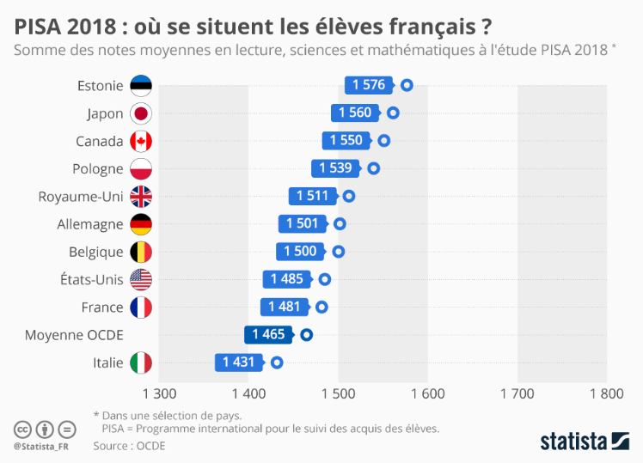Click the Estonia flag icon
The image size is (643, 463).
[x=140, y=85]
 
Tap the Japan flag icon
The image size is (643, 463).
[x=140, y=113]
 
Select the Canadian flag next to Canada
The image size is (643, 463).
[x=140, y=141]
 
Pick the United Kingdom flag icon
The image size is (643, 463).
[x=140, y=197]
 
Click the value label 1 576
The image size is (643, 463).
[x=368, y=85]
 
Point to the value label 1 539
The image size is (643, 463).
[x=335, y=168]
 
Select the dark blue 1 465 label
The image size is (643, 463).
[x=267, y=335]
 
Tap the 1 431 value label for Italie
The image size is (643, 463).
[x=238, y=362]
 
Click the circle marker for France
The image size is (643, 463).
[x=321, y=307]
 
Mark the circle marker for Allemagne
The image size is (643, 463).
[x=340, y=224]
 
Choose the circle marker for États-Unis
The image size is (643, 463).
[x=325, y=279]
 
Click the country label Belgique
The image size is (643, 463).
[x=95, y=252]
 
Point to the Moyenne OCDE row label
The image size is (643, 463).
[x=74, y=335]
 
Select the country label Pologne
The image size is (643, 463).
[x=96, y=168]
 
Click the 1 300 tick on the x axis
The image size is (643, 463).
[x=158, y=393]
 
